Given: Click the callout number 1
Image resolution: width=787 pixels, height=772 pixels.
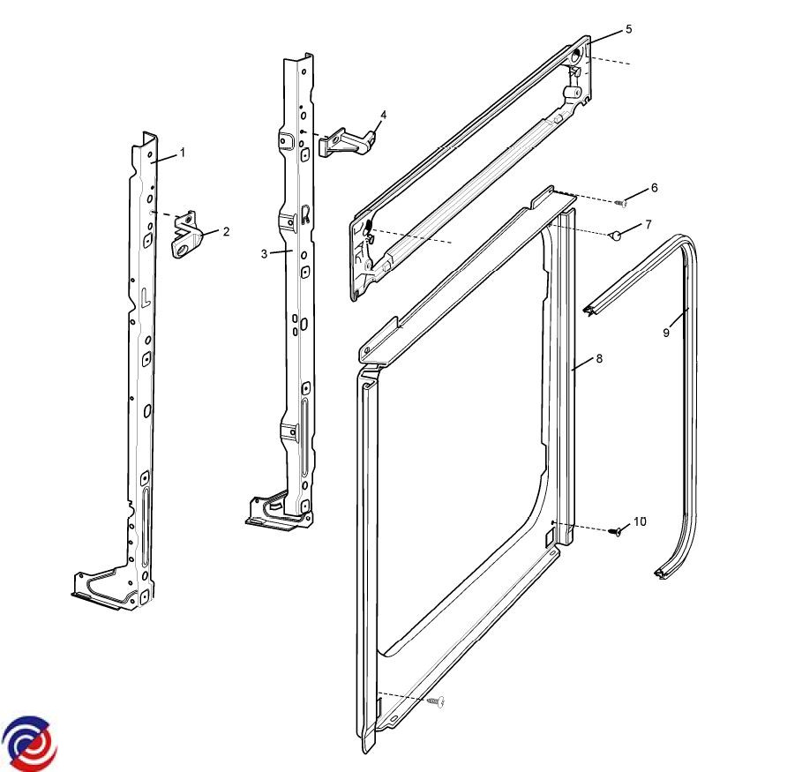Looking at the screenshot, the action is pyautogui.click(x=183, y=152).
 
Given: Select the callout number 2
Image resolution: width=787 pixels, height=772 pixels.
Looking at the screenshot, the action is pyautogui.click(x=227, y=231).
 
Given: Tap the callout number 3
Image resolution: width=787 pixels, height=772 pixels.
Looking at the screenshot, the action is pyautogui.click(x=264, y=254).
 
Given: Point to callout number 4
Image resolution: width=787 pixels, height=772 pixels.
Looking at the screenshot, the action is pyautogui.click(x=384, y=115).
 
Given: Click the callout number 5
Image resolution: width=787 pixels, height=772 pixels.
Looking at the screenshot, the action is pyautogui.click(x=629, y=29).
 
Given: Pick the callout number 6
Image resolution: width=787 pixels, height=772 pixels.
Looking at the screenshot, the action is pyautogui.click(x=654, y=188).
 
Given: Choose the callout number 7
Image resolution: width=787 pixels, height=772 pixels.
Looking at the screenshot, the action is pyautogui.click(x=648, y=224).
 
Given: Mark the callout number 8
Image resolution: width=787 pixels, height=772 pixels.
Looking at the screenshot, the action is pyautogui.click(x=599, y=358).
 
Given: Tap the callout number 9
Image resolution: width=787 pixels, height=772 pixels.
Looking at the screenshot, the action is pyautogui.click(x=666, y=333).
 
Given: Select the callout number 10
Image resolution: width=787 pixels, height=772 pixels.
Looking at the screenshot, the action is pyautogui.click(x=640, y=522).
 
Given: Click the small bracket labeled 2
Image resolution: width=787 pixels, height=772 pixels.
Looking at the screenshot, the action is pyautogui.click(x=188, y=235).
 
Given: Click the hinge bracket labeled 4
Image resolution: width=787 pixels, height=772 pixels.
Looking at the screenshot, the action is pyautogui.click(x=348, y=141).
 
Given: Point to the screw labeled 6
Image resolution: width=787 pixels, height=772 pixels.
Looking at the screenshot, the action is pyautogui.click(x=621, y=203).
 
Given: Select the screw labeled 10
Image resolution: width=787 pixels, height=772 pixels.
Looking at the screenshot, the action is pyautogui.click(x=615, y=530).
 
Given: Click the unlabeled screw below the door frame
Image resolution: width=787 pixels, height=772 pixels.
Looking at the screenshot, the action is pyautogui.click(x=437, y=701).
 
